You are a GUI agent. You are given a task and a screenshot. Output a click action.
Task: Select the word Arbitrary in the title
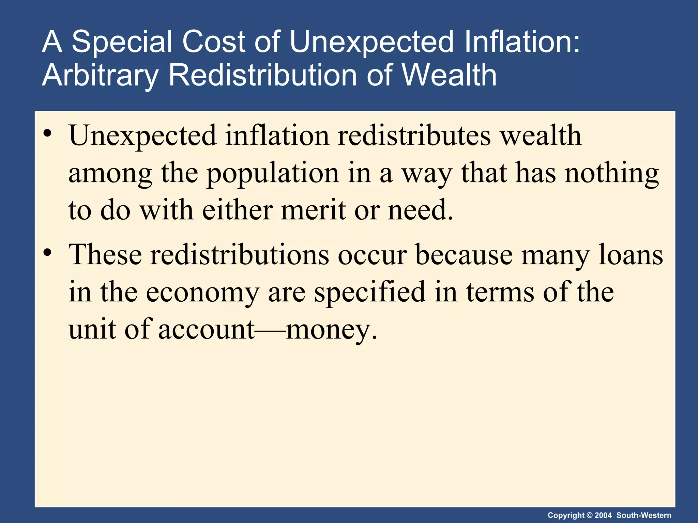coord(100,76)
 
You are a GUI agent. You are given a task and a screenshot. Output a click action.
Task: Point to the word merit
coord(313,210)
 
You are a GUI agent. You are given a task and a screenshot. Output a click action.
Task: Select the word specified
coord(369,292)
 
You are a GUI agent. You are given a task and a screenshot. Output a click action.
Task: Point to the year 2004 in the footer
coord(603,515)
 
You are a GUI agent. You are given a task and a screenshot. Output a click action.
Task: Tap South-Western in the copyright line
coord(644,515)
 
